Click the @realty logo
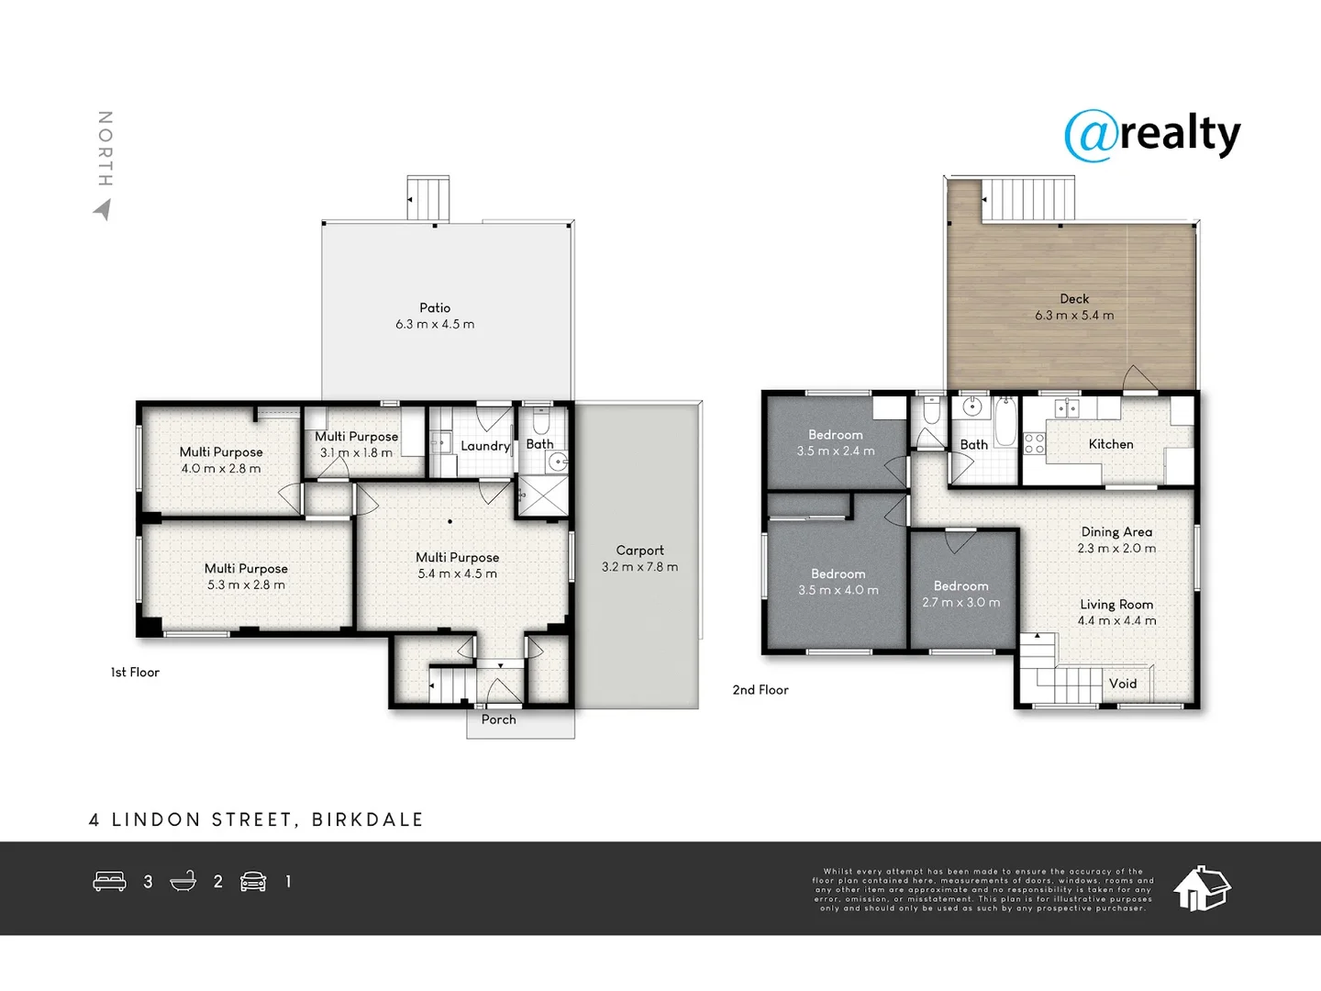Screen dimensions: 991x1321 click(x=1152, y=136)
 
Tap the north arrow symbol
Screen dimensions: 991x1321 click(x=103, y=210)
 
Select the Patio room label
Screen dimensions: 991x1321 click(x=435, y=308)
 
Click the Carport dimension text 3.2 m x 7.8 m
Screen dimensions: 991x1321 click(x=639, y=567)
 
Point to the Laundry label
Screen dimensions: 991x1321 click(x=484, y=446)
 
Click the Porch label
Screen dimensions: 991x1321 click(x=498, y=719)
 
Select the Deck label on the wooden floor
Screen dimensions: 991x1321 click(x=1074, y=299)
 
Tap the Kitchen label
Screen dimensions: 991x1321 click(x=1110, y=444)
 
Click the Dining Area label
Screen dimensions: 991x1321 click(x=1116, y=532)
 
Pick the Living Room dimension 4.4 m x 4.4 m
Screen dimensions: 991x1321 click(x=1116, y=621)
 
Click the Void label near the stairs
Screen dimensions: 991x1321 click(x=1122, y=684)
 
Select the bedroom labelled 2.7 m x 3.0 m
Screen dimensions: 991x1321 click(x=961, y=595)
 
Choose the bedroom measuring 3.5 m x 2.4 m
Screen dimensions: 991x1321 click(x=836, y=443)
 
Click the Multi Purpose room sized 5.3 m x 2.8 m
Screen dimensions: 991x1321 click(x=246, y=577)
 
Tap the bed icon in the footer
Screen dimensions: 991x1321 click(x=109, y=882)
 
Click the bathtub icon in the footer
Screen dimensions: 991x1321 click(x=183, y=882)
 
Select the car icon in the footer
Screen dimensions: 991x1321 click(x=253, y=882)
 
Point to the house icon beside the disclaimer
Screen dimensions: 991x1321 click(x=1202, y=888)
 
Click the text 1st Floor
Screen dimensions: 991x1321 click(x=135, y=673)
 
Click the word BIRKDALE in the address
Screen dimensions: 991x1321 click(x=368, y=819)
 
